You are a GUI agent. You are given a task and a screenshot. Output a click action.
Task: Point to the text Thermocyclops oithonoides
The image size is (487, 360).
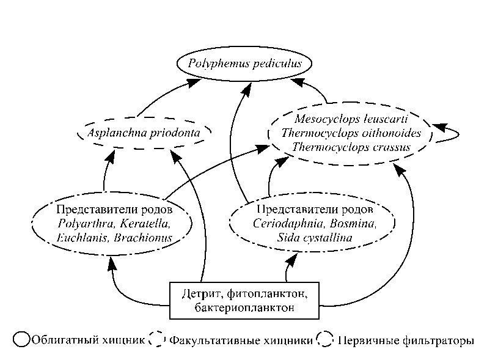point(350,132)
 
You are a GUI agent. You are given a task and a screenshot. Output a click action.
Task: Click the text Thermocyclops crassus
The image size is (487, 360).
point(350,147)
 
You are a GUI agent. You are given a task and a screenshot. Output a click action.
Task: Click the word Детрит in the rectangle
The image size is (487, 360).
point(201,294)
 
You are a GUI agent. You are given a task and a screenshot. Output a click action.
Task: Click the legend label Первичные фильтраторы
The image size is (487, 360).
point(405,340)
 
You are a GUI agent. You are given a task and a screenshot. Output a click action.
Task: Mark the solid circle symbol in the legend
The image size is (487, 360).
point(22,340)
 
